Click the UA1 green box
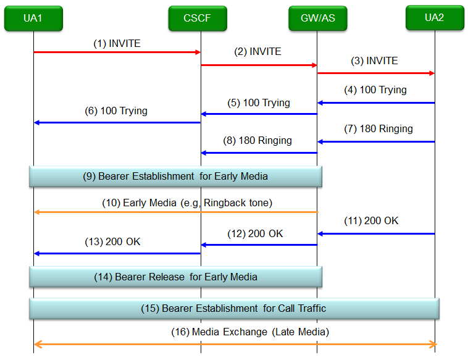tap(33, 18)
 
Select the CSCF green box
tap(198, 18)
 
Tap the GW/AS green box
tap(318, 18)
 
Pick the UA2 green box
tap(435, 18)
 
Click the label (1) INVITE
tap(117, 44)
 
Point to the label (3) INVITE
tap(374, 61)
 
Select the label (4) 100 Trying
tap(375, 90)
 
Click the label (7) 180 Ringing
tap(378, 129)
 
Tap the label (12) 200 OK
tap(255, 234)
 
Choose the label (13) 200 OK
tap(112, 242)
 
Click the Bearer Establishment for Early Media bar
tap(175, 177)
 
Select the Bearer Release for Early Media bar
tap(175, 277)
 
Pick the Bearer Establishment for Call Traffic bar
tap(234, 308)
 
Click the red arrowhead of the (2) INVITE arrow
tap(314, 65)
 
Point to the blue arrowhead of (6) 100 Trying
tap(37, 122)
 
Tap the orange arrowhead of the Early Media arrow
tap(37, 212)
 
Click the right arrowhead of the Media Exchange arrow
tap(433, 344)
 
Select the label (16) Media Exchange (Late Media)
tap(250, 332)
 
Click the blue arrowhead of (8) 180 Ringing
tap(204, 153)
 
